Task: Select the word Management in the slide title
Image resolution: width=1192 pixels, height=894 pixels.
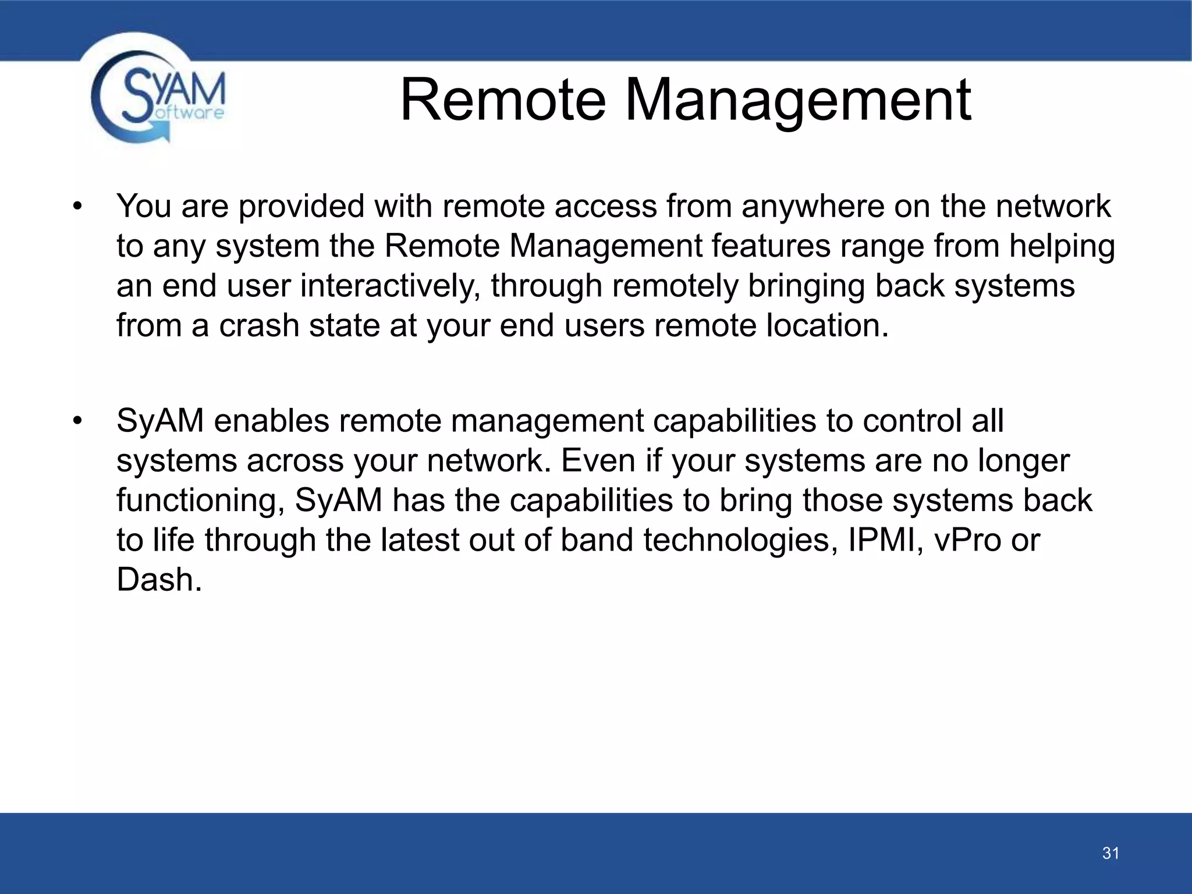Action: [797, 102]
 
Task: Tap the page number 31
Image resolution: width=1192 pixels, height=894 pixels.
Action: [1111, 853]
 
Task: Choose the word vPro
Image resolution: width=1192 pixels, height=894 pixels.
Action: [967, 540]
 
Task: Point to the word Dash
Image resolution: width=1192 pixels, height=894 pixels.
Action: [159, 580]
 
